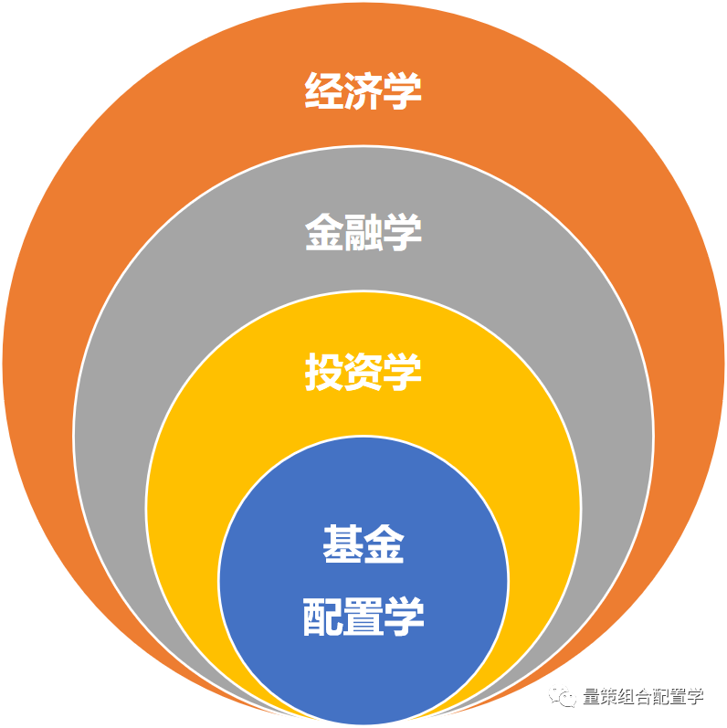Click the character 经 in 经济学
tap(323, 91)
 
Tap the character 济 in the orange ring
tap(363, 91)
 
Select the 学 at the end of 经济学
tap(403, 91)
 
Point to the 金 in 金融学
tap(323, 232)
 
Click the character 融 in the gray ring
tap(363, 232)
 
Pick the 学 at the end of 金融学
tap(403, 232)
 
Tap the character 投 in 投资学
tap(323, 372)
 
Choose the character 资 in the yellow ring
tap(363, 372)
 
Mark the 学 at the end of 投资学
tap(403, 372)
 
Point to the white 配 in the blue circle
tap(323, 617)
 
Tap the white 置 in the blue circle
tap(363, 617)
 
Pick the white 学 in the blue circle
tap(404, 617)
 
